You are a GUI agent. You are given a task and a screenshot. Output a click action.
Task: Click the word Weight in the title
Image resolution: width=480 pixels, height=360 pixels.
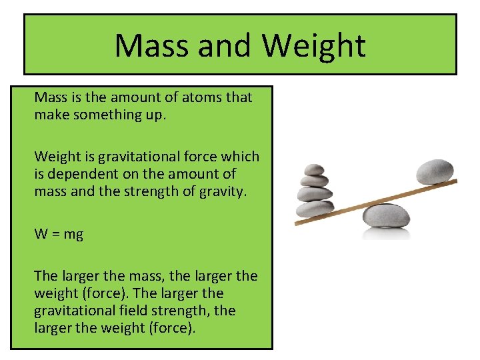click(313, 46)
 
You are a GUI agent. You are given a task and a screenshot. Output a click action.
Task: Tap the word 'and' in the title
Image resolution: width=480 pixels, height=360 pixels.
click(223, 46)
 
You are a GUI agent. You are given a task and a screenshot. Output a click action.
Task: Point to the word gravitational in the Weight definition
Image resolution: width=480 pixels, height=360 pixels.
click(138, 157)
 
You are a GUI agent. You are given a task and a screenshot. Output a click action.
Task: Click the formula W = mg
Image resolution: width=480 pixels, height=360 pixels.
click(59, 234)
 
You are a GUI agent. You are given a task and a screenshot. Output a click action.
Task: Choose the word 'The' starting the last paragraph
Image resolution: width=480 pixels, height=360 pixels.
click(47, 276)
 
